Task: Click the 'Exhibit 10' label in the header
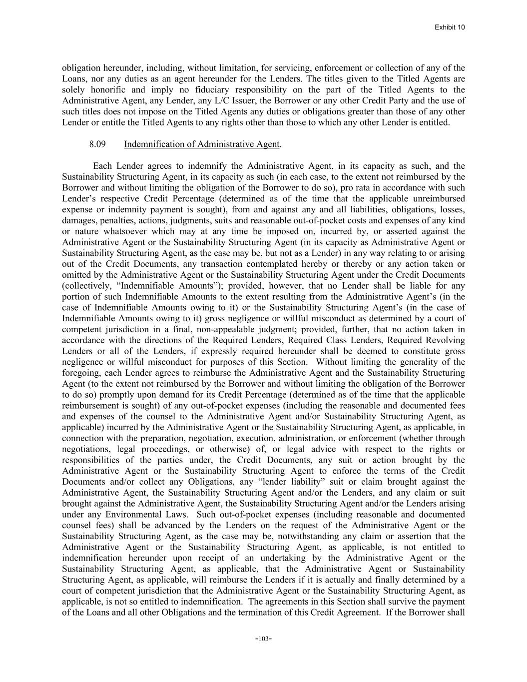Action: click(x=450, y=27)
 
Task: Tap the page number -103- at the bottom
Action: click(x=263, y=639)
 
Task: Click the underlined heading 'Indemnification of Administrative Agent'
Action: click(x=201, y=144)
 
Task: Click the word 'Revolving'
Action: click(x=444, y=340)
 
